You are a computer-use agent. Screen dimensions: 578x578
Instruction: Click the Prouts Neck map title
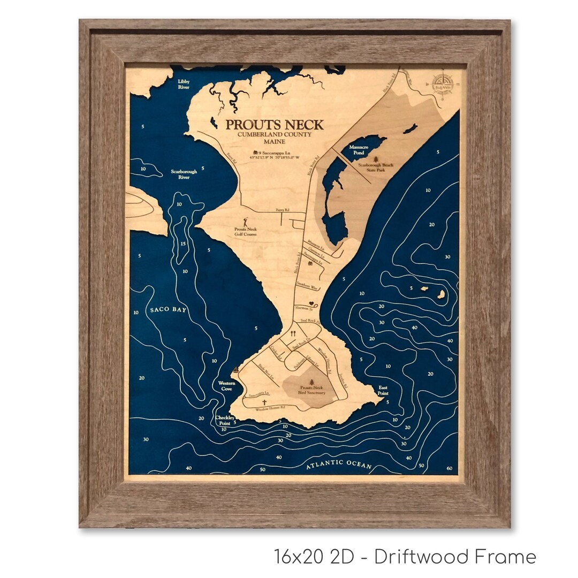(274, 125)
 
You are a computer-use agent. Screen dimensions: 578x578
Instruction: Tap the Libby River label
(184, 84)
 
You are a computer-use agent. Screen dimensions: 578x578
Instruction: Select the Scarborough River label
(184, 174)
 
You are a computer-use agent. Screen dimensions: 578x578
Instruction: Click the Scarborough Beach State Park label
(375, 168)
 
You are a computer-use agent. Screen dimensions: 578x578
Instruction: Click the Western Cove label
(224, 386)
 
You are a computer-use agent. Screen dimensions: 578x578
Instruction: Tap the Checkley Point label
(225, 420)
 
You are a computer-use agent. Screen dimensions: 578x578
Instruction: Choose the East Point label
(383, 390)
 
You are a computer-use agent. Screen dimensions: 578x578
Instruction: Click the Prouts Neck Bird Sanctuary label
(311, 390)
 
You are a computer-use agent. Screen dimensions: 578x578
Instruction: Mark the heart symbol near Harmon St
(310, 304)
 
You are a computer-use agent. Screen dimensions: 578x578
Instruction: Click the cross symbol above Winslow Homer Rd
(264, 402)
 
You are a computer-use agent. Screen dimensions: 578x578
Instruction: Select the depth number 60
(448, 468)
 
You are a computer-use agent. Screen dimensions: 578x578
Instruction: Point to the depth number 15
(183, 245)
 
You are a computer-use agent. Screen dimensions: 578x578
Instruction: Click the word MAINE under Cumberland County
(274, 143)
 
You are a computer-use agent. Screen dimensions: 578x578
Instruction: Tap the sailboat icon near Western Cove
(236, 370)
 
